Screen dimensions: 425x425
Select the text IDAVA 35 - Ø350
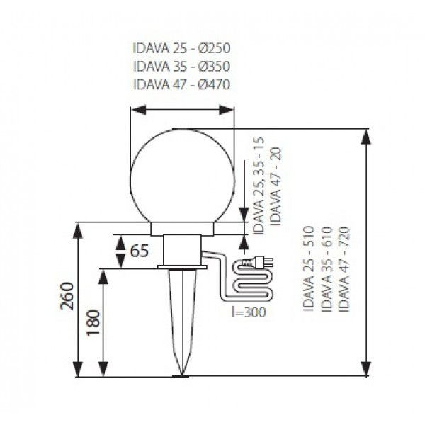click(x=181, y=67)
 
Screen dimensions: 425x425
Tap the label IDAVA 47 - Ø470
click(x=181, y=84)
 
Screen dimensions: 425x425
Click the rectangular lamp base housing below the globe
click(x=183, y=248)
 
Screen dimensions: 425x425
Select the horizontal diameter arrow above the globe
click(x=183, y=110)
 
